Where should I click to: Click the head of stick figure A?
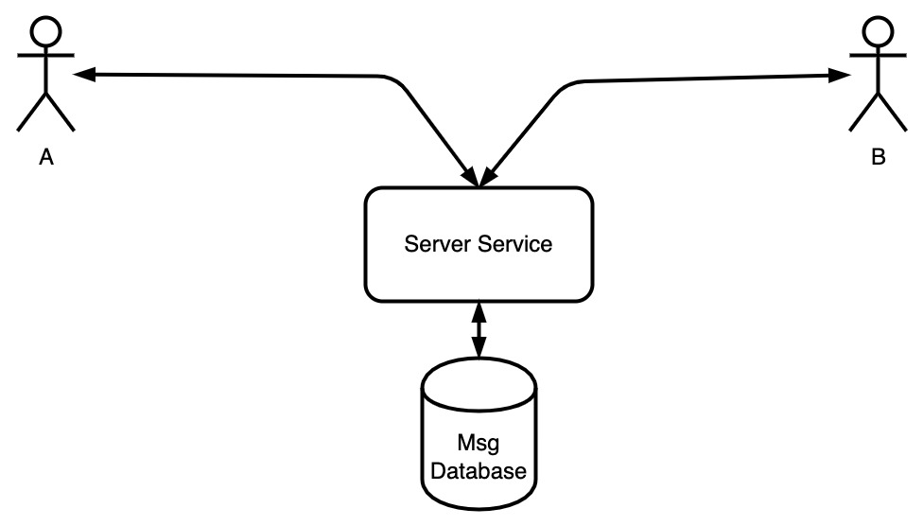pyautogui.click(x=46, y=31)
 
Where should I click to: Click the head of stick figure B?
pyautogui.click(x=878, y=31)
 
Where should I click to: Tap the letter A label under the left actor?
pyautogui.click(x=46, y=157)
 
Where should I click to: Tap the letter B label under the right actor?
pyautogui.click(x=879, y=157)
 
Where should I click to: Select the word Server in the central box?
pyautogui.click(x=438, y=244)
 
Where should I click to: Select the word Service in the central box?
pyautogui.click(x=515, y=244)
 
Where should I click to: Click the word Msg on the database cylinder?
pyautogui.click(x=479, y=443)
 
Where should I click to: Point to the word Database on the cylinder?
pyautogui.click(x=479, y=471)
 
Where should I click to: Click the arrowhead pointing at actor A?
pyautogui.click(x=83, y=74)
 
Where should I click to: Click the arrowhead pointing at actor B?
pyautogui.click(x=840, y=76)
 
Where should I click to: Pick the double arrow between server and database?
pyautogui.click(x=479, y=330)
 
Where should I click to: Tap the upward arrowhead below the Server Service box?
pyautogui.click(x=479, y=311)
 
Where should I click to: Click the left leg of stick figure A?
pyautogui.click(x=32, y=112)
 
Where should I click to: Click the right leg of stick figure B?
pyautogui.click(x=893, y=112)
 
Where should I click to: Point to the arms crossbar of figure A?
pyautogui.click(x=46, y=56)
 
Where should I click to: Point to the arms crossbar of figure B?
pyautogui.click(x=878, y=56)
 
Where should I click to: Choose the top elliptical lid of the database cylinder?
pyautogui.click(x=479, y=383)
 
